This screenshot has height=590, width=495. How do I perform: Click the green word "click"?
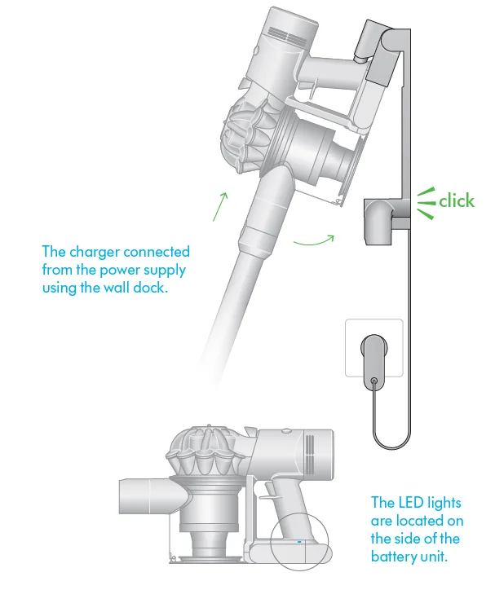[457, 200]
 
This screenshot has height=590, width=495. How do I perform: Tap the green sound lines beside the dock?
[426, 201]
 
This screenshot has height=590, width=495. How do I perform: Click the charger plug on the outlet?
[372, 359]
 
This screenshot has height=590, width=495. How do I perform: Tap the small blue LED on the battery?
[299, 542]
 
